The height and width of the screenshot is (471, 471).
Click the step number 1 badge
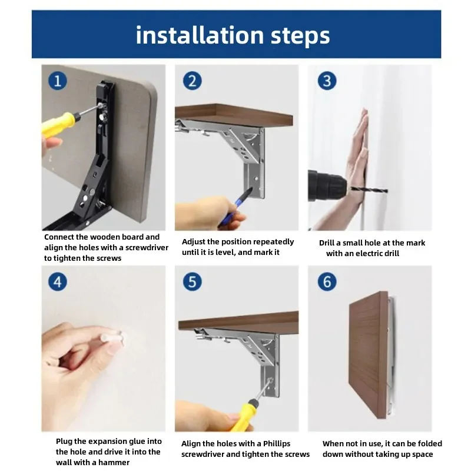point(57,81)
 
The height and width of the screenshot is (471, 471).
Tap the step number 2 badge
point(193,81)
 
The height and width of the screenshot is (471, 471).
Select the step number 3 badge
point(327,81)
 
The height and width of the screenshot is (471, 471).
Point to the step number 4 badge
point(57,282)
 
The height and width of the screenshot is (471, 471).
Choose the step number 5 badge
point(193,282)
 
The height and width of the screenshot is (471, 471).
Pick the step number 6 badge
point(327,282)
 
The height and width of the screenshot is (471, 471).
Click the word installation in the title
point(200,35)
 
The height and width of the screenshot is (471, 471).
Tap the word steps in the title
point(300,37)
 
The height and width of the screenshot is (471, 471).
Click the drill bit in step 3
point(369,189)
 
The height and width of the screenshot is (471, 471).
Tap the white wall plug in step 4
point(112,337)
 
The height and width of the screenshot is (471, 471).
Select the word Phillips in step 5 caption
point(277,444)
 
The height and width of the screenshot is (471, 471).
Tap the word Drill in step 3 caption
point(326,243)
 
